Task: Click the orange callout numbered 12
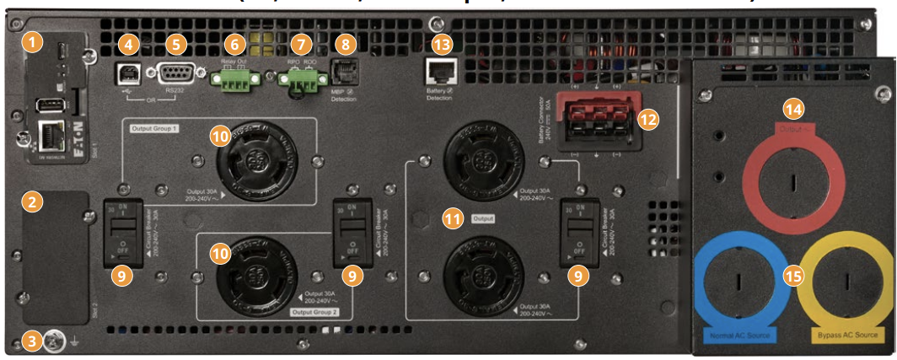(x=647, y=118)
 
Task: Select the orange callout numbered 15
(x=792, y=275)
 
